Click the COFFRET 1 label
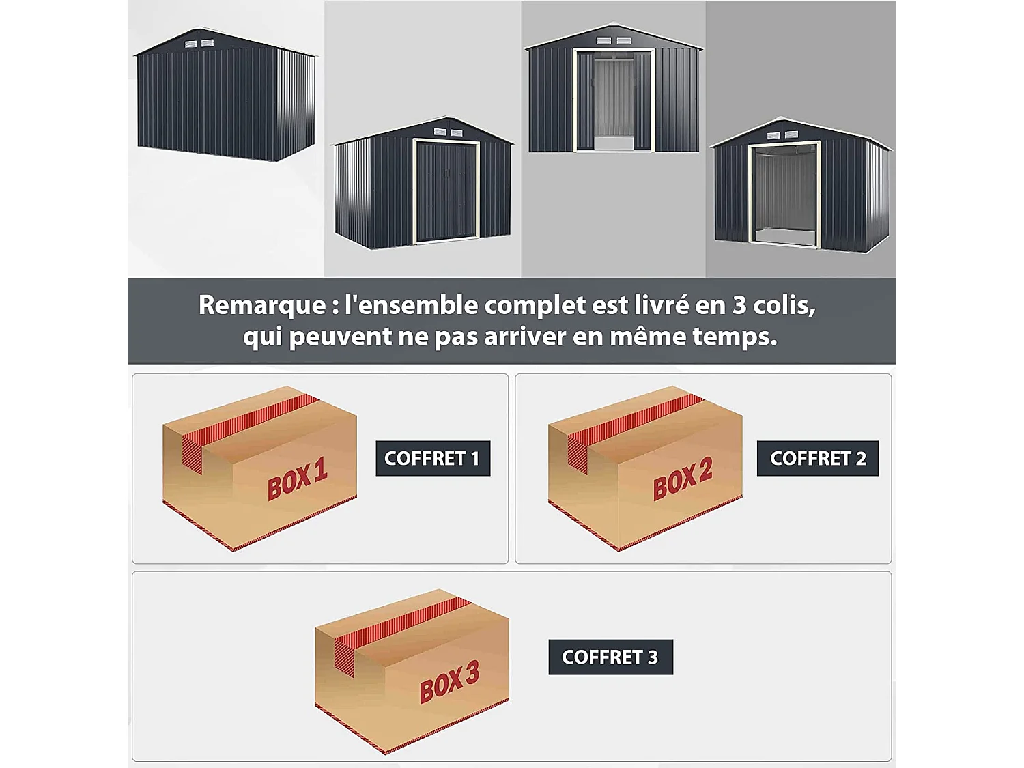432,458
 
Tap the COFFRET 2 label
817,458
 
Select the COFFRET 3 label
610,657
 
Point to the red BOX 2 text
683,478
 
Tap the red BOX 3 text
449,681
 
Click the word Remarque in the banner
261,305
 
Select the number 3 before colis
739,305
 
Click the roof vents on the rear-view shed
199,44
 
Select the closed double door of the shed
446,192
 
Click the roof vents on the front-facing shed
613,41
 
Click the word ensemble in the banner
412,305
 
